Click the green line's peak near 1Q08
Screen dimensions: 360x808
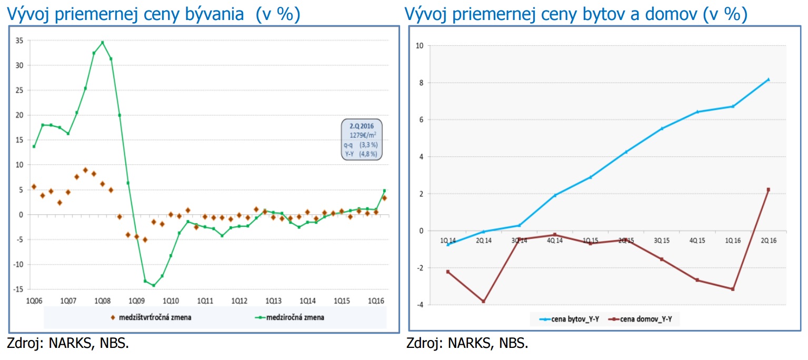(102, 42)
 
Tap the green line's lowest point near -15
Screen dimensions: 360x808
(153, 285)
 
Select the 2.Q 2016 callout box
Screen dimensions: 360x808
(362, 139)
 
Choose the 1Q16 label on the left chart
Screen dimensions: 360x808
(375, 301)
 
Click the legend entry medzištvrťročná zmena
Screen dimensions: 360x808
(147, 317)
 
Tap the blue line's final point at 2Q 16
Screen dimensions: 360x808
(768, 79)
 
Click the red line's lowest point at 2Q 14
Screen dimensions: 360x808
(483, 302)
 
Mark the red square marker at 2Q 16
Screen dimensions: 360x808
(768, 189)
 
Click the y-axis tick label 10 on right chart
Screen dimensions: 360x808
(419, 45)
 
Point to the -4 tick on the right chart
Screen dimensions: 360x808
(420, 305)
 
